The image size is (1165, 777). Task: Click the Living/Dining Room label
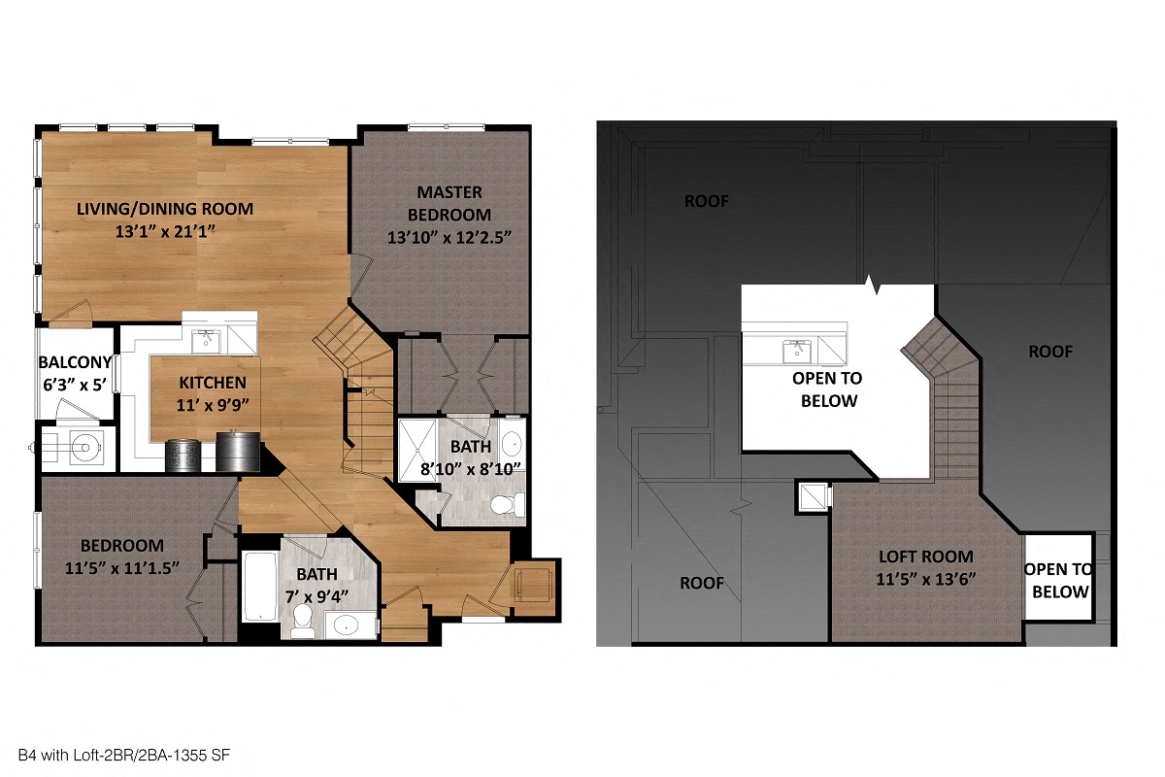coord(165,208)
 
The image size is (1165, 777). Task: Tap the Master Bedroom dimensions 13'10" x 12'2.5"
coord(449,236)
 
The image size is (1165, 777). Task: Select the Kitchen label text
coord(212,383)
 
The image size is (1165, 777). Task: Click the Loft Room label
coord(925,557)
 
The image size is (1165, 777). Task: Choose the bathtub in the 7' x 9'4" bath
coord(259,587)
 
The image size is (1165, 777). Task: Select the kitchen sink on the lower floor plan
coord(205,340)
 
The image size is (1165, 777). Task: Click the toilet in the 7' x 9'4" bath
coord(302,622)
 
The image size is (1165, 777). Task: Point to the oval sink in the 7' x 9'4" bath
coord(347,625)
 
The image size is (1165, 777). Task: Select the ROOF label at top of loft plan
coord(706,202)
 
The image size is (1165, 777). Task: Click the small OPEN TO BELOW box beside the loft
coord(1059,581)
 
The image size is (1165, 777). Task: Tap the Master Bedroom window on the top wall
coord(446,126)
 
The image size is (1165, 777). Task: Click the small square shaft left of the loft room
coord(813,496)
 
